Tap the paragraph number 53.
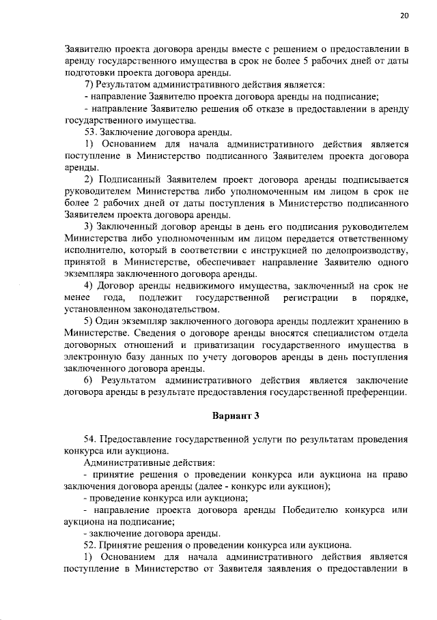90,132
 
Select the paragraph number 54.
90,439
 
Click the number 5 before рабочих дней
307,61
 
